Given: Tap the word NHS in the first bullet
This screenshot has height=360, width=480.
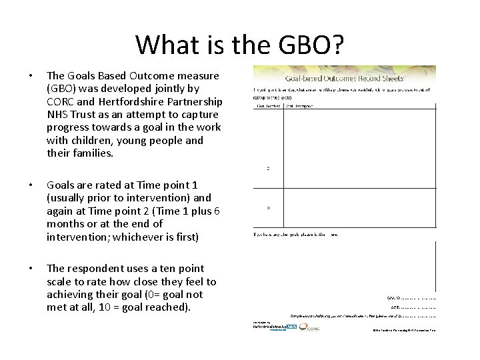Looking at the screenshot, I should [x=59, y=114].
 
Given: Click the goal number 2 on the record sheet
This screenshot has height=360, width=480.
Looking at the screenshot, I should [x=268, y=168].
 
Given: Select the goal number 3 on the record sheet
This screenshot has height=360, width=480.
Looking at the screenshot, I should [x=268, y=207].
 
